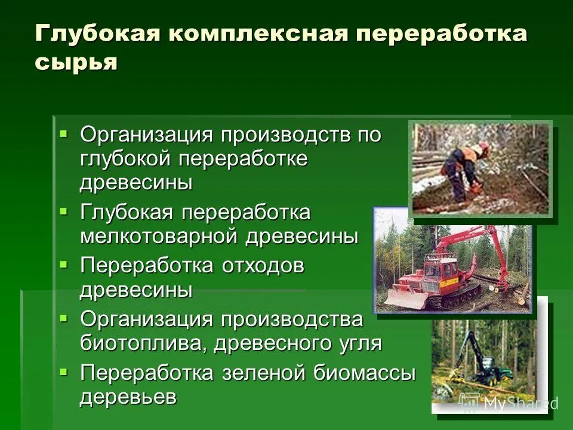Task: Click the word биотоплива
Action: coord(140,343)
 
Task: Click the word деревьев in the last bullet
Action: coord(128,397)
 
